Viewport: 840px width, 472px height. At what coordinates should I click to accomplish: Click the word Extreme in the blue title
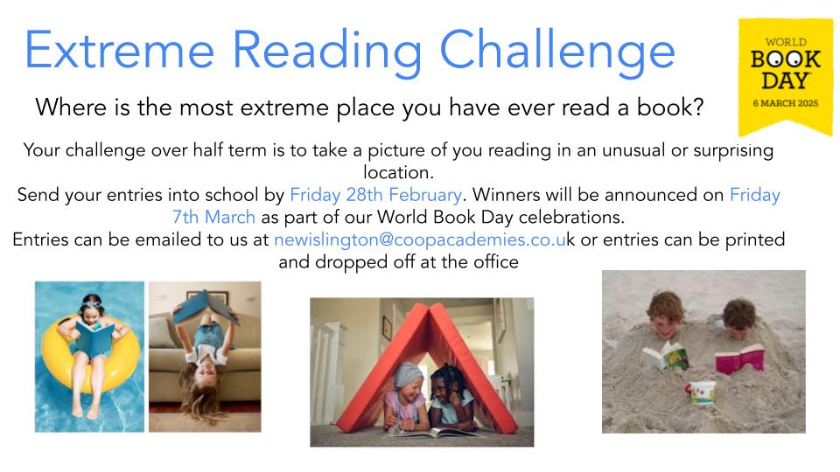pos(120,50)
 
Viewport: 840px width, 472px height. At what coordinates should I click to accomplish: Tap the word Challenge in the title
pos(557,52)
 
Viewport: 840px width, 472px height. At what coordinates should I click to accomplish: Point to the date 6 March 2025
pos(786,103)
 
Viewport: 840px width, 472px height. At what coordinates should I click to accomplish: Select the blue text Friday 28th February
pos(375,195)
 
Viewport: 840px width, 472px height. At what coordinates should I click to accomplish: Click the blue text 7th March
pos(213,218)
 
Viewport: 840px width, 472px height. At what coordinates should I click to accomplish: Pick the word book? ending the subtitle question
pos(670,108)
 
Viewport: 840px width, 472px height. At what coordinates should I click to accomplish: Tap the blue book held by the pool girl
pos(94,339)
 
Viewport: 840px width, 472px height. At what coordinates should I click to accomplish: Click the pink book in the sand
pos(740,359)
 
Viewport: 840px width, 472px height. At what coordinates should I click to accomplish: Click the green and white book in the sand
pos(666,356)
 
